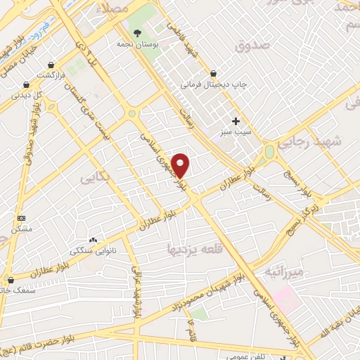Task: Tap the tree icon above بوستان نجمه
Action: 138,33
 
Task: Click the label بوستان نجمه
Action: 138,43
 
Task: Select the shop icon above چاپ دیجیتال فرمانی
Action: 213,73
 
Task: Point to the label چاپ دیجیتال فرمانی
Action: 213,84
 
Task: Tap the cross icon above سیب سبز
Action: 236,121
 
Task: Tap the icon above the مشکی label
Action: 20,218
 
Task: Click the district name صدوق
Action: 254,47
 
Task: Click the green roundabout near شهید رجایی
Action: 269,153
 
